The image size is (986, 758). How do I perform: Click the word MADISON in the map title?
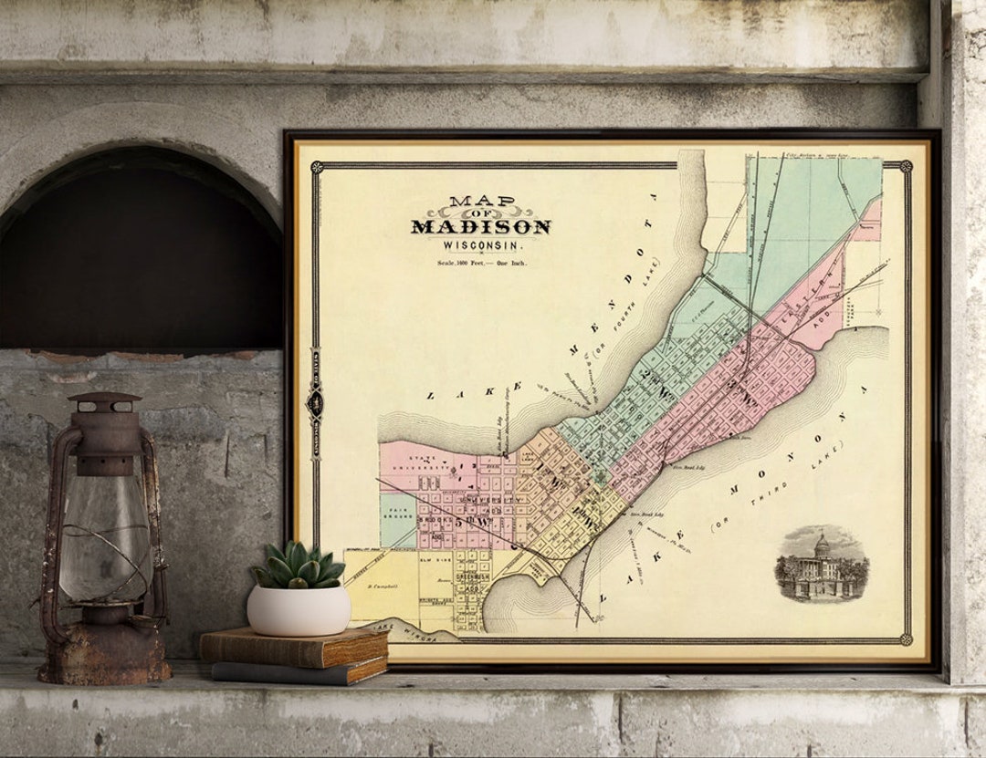click(x=480, y=226)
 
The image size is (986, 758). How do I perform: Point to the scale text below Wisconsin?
click(x=480, y=263)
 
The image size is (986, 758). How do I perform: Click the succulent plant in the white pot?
click(x=299, y=566)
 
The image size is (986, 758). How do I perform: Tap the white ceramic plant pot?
click(x=299, y=609)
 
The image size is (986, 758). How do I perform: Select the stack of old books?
click(x=294, y=655)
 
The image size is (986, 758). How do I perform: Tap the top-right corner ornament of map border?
click(x=905, y=166)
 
